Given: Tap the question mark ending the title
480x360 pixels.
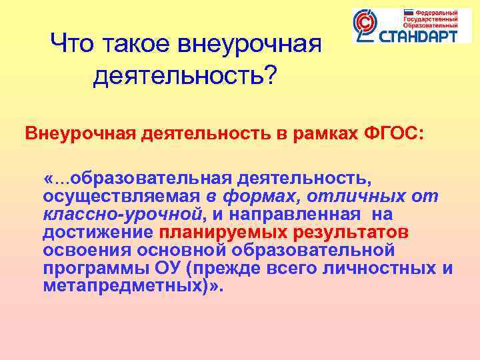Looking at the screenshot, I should tap(270, 75).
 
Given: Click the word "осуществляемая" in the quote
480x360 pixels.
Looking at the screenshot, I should tap(121, 197).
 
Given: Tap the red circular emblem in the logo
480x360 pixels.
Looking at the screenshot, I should tap(365, 25).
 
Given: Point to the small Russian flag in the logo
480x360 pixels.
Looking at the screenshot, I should tap(409, 13).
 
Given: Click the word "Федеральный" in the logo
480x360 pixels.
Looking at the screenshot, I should tap(437, 13).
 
